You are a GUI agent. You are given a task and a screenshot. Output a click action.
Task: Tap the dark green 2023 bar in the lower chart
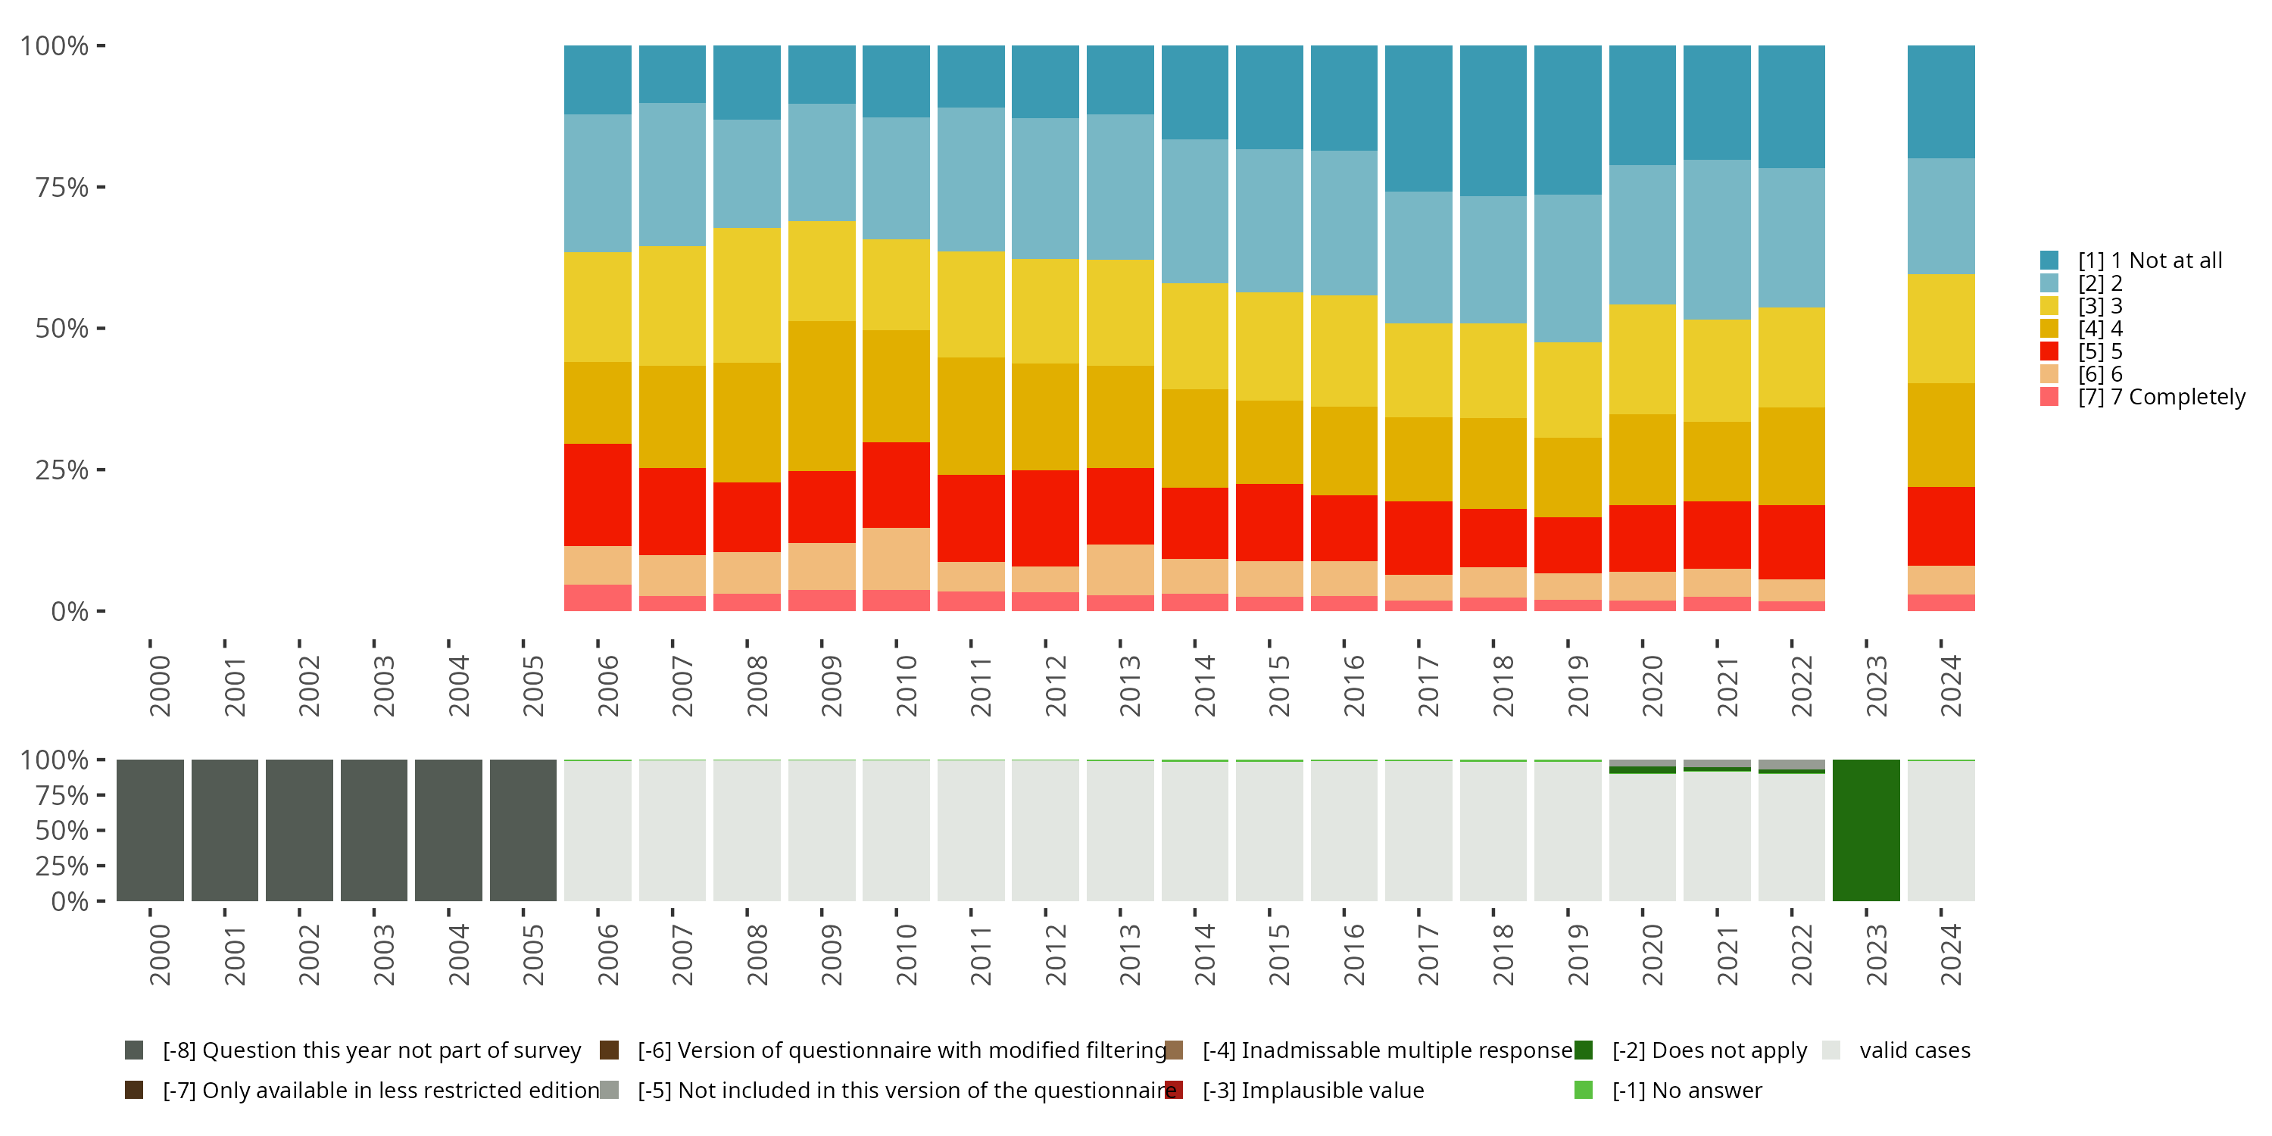point(1865,830)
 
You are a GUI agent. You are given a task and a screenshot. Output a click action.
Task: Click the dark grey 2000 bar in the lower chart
point(150,830)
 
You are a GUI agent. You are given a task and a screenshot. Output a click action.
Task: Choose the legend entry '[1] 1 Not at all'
point(2149,261)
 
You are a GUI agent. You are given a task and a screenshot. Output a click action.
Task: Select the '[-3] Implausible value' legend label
point(1312,1090)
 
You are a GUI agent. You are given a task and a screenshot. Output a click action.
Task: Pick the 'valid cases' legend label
point(1914,1050)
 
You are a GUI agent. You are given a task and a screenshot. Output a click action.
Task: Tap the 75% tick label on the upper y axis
point(62,187)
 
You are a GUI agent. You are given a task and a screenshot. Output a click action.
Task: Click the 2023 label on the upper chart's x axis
point(1876,686)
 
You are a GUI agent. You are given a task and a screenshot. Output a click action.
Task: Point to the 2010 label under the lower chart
point(907,954)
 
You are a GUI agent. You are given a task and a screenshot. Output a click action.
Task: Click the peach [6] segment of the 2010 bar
point(895,558)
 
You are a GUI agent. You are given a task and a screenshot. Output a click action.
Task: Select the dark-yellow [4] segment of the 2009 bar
point(821,395)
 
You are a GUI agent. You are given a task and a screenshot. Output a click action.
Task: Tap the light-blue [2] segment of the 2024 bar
point(1940,216)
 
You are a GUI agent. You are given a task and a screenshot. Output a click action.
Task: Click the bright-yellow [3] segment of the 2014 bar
point(1194,336)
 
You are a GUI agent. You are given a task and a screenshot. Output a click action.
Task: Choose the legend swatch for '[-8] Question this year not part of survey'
point(134,1050)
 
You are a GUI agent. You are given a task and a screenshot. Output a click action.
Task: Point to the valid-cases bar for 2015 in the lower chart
point(1269,831)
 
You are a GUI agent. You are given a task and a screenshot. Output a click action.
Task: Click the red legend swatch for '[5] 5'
point(2049,351)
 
